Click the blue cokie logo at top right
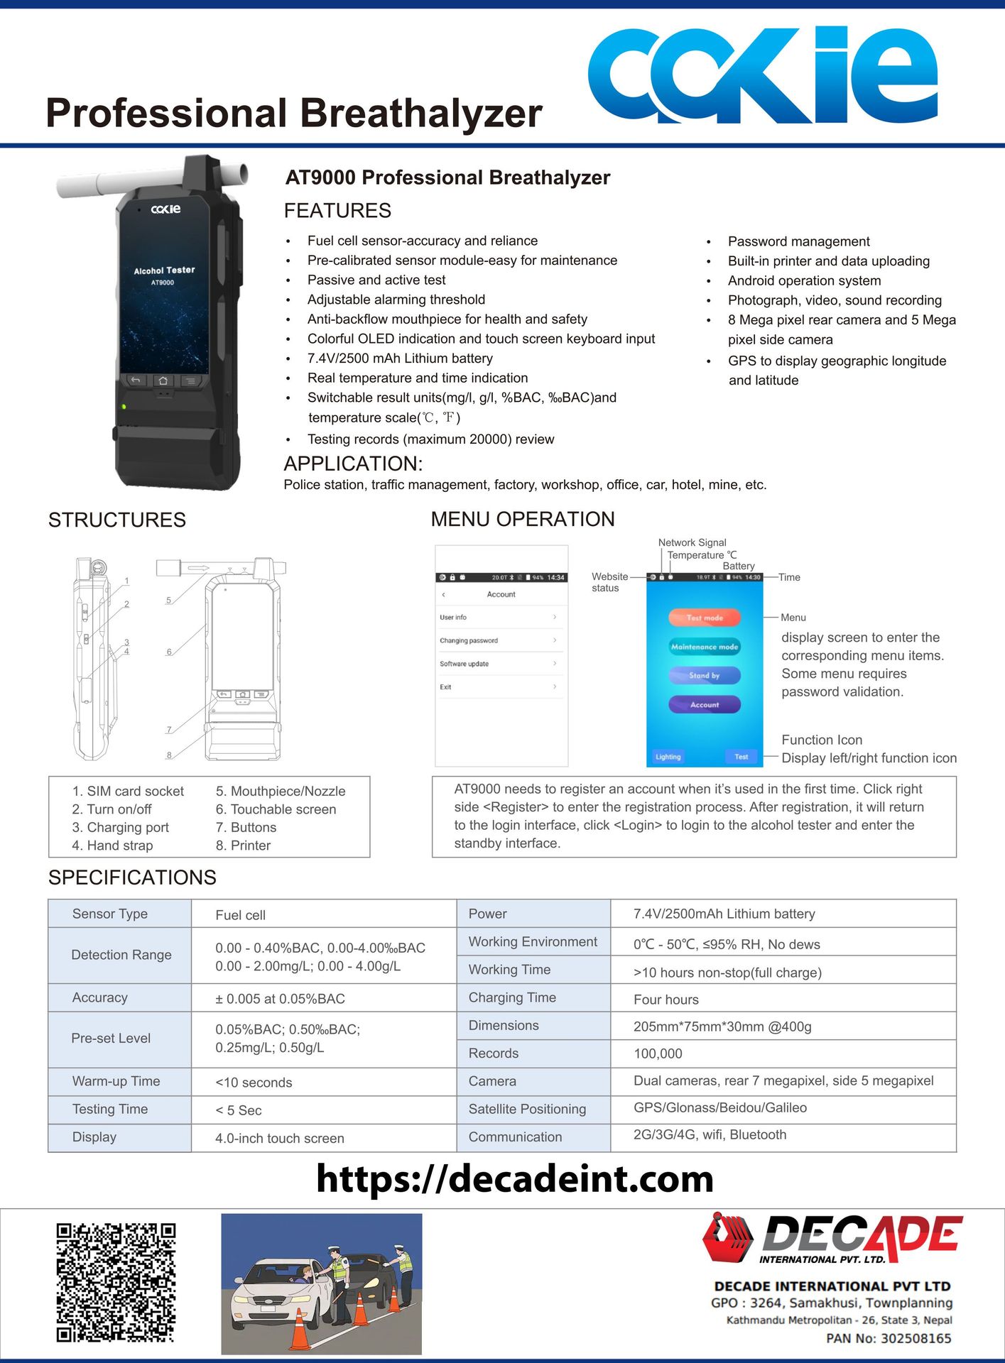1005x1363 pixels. coord(762,75)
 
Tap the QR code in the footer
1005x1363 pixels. coord(116,1282)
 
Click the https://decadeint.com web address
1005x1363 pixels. coord(515,1179)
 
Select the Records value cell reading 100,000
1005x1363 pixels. coord(658,1054)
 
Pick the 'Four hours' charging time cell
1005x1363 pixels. coord(666,1000)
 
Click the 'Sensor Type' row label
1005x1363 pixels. coord(110,914)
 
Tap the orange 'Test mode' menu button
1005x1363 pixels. coord(705,618)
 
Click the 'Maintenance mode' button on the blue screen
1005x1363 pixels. coord(705,647)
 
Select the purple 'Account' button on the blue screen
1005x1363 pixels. coord(705,704)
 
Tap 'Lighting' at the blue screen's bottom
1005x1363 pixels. coord(668,757)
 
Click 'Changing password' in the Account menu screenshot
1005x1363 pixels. coord(469,640)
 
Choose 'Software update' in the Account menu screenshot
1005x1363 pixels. coord(465,664)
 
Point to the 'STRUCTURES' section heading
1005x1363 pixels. coord(117,520)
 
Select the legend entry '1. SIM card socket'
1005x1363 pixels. coord(128,791)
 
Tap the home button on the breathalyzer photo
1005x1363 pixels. coord(163,381)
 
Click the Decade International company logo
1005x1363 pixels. coord(832,1239)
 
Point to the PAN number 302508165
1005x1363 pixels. coord(889,1338)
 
